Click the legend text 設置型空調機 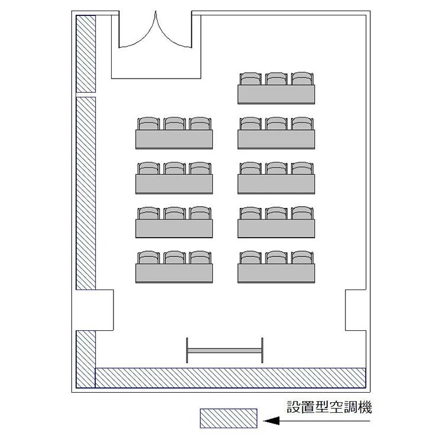pos(329,407)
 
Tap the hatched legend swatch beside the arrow pos(229,418)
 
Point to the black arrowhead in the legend pos(271,421)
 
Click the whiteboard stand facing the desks pos(224,350)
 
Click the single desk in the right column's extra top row pos(276,95)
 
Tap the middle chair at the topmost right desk pos(276,79)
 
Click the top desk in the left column pos(174,139)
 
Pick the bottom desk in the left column pos(174,273)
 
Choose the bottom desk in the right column pos(276,273)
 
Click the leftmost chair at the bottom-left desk pos(149,258)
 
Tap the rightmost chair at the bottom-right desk pos(302,258)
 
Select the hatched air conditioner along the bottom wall pos(230,378)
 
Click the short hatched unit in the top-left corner pos(86,54)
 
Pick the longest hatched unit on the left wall pos(86,194)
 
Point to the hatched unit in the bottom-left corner pos(86,359)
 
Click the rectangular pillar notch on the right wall pos(356,310)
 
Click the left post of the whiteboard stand pos(187,350)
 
